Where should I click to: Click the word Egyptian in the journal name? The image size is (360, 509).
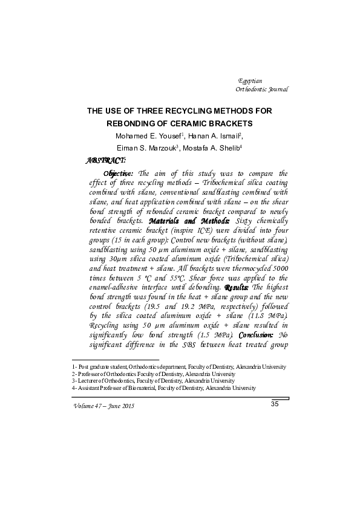250,80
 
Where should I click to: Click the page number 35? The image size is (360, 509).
274,404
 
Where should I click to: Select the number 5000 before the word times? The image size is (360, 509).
278,271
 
